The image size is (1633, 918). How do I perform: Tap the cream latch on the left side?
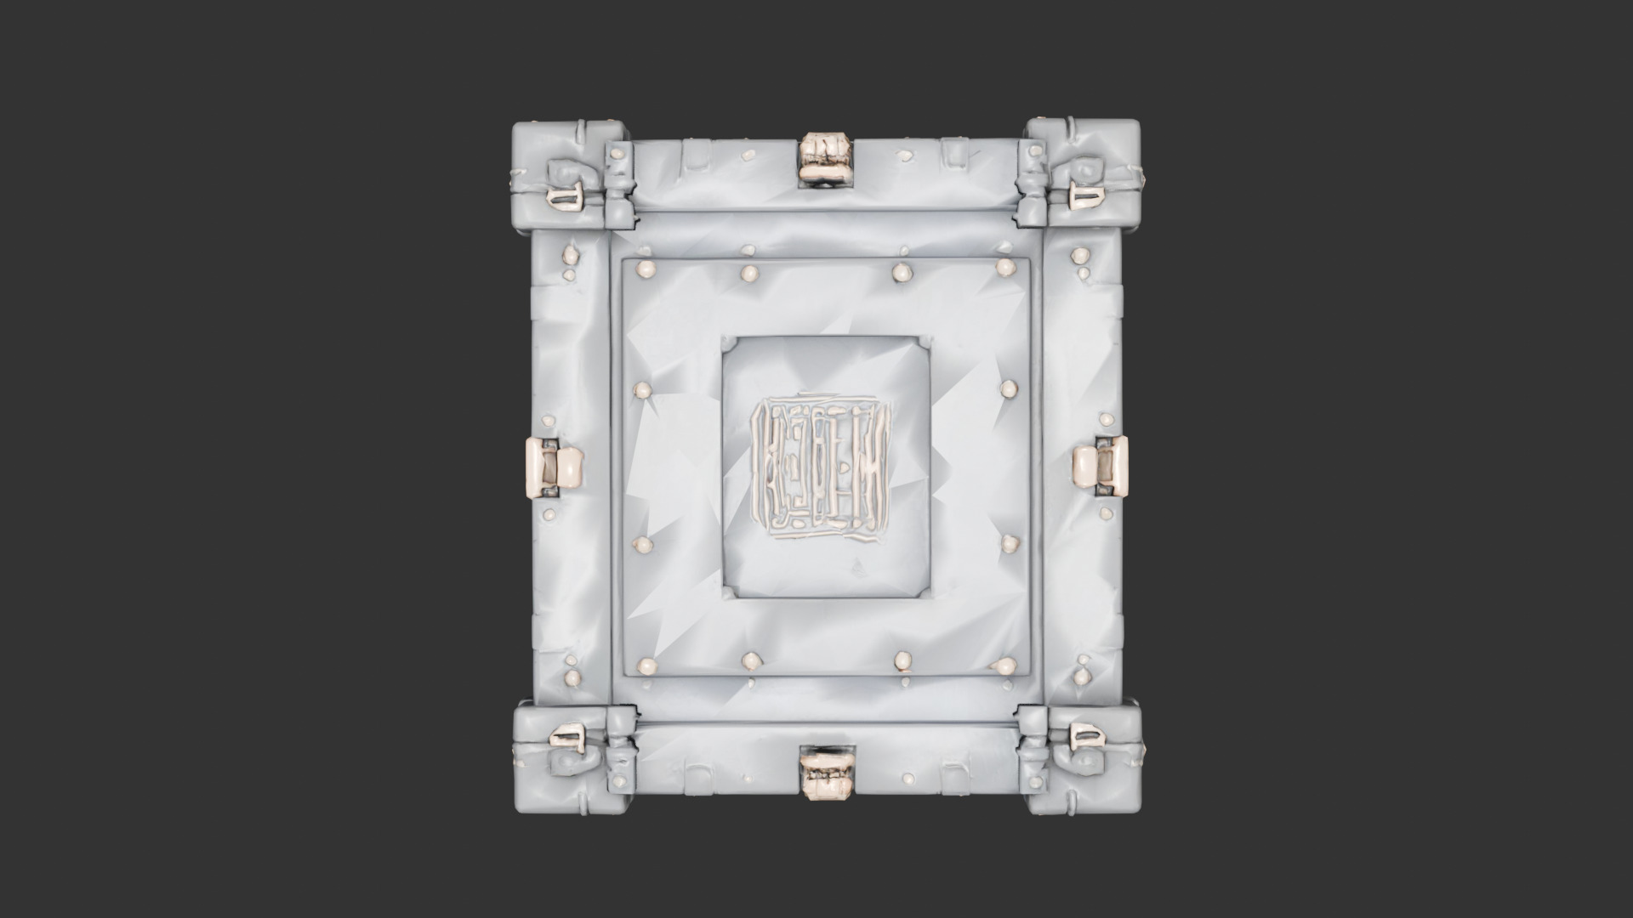[x=554, y=467]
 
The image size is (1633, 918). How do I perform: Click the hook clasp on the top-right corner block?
[x=1087, y=196]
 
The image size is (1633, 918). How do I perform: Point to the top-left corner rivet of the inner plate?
[x=646, y=269]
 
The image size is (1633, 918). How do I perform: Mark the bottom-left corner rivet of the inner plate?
[x=646, y=666]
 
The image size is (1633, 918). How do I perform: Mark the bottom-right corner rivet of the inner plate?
[x=1005, y=666]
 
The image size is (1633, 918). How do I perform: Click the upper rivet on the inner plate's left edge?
[x=643, y=390]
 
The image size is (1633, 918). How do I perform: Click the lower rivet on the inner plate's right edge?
[x=1009, y=543]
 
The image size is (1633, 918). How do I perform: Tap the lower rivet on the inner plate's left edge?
[x=643, y=544]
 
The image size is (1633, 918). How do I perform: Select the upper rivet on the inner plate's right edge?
[x=1009, y=389]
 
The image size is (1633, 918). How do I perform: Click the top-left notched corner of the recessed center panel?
[x=729, y=343]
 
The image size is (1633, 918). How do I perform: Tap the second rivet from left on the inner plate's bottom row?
[x=752, y=660]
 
